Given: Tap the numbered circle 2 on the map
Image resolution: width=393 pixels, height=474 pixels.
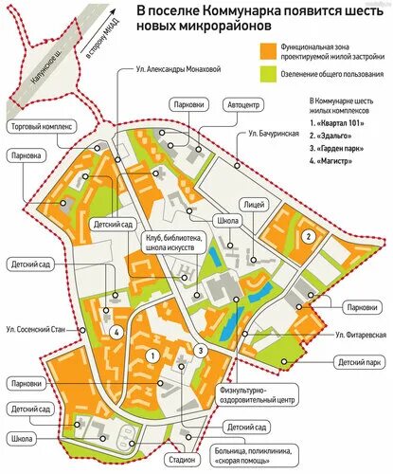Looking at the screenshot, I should pos(308,236).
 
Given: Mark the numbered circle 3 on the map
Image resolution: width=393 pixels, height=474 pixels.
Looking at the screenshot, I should pos(201,351).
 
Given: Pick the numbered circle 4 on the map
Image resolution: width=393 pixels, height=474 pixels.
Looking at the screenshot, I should pos(114,332).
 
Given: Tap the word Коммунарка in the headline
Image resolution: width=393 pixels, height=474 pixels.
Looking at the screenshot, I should pos(251,11).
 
